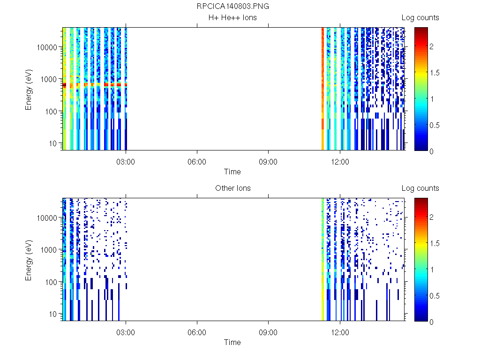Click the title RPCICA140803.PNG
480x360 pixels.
pyautogui.click(x=233, y=7)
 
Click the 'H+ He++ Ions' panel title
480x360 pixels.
pyautogui.click(x=232, y=18)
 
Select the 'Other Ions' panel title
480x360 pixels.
pyautogui.click(x=232, y=188)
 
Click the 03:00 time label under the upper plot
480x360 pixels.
pyautogui.click(x=126, y=162)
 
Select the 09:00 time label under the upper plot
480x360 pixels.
pyautogui.click(x=268, y=162)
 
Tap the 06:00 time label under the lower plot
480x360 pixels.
pyautogui.click(x=197, y=333)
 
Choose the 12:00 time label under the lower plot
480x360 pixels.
pyautogui.click(x=340, y=333)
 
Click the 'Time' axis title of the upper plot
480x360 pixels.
pyautogui.click(x=232, y=172)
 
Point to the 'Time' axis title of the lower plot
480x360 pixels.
pyautogui.click(x=232, y=342)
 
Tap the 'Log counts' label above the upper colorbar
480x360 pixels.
pyautogui.click(x=420, y=18)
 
